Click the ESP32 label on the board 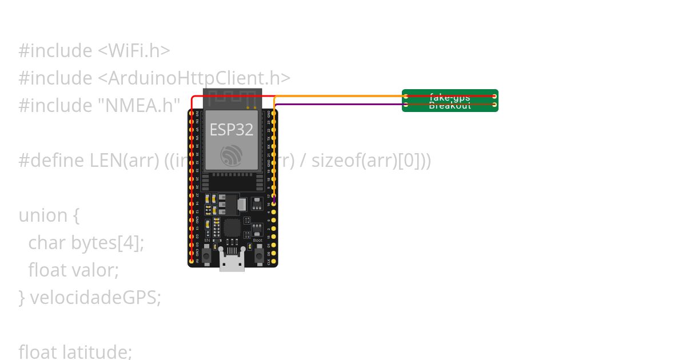[x=231, y=130]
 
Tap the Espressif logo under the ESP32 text [x=231, y=154]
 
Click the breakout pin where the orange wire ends [x=406, y=96]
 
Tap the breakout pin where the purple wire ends [x=406, y=105]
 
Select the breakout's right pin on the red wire [x=494, y=96]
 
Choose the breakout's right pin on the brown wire [x=494, y=105]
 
